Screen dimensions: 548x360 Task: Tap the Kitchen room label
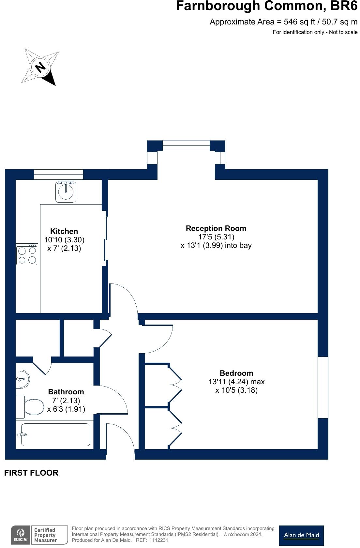point(64,231)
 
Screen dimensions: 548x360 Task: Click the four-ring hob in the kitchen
point(27,255)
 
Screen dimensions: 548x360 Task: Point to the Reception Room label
point(216,228)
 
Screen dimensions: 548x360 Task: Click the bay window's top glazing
point(186,145)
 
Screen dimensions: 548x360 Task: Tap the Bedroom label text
point(236,373)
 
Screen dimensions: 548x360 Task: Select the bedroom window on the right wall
point(323,387)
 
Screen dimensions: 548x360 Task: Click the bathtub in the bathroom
point(56,435)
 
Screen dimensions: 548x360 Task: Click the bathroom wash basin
point(22,379)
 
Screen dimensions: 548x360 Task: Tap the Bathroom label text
point(66,392)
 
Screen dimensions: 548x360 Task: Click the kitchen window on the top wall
point(59,174)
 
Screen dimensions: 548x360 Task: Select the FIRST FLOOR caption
point(31,473)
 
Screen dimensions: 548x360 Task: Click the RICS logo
point(21,535)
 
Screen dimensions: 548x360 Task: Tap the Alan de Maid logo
point(301,535)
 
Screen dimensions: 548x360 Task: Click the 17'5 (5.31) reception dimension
point(216,237)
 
